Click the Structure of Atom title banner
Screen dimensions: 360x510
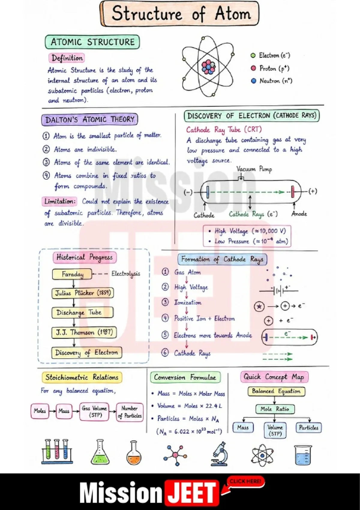point(180,14)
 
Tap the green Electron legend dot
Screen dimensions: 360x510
point(253,55)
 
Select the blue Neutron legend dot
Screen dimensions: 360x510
point(253,81)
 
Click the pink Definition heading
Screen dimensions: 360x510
point(67,58)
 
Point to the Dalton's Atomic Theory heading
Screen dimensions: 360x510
point(89,119)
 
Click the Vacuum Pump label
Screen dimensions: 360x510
point(254,169)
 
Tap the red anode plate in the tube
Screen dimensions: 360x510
point(293,192)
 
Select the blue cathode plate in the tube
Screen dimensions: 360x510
point(208,192)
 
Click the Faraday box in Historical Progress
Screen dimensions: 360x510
point(72,274)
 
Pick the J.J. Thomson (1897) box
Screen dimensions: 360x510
point(84,333)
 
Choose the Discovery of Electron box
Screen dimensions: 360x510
point(86,353)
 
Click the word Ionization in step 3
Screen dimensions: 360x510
point(188,303)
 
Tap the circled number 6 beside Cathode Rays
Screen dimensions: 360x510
point(165,353)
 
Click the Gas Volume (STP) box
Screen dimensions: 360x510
point(94,411)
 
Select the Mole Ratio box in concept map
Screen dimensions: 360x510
point(275,409)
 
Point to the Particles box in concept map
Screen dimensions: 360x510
point(308,427)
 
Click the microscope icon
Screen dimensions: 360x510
point(219,454)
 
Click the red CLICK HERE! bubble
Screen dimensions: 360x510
point(245,481)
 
